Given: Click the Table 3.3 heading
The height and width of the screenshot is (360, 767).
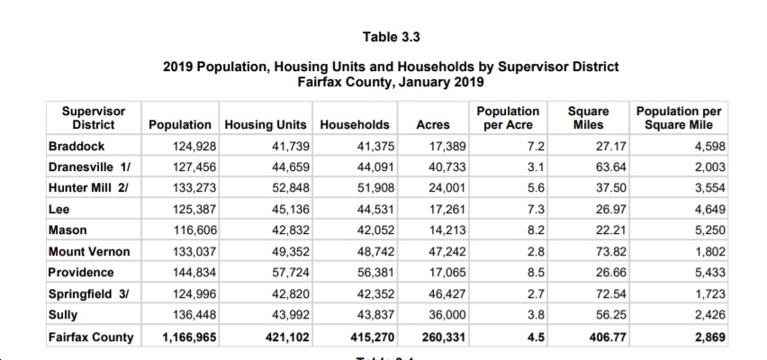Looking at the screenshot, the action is [x=391, y=37].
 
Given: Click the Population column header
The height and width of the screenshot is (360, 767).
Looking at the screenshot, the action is [x=180, y=125].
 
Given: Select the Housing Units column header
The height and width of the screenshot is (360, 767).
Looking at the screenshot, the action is [x=266, y=125].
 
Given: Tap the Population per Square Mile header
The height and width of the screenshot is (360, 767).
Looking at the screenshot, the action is [x=679, y=118].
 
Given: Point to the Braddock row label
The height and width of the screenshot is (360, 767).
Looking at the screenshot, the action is [x=77, y=146].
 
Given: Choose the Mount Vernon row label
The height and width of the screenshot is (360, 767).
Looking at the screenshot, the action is [x=89, y=252].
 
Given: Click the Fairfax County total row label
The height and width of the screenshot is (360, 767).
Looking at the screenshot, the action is [x=91, y=337].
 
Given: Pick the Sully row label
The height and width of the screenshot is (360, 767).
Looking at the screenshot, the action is [x=63, y=314].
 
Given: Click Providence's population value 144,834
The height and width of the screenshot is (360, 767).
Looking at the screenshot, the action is [x=194, y=273].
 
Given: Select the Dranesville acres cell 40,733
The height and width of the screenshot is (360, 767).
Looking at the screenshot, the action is [x=447, y=167].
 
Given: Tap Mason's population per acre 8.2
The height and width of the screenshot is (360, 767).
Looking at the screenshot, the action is [x=537, y=230].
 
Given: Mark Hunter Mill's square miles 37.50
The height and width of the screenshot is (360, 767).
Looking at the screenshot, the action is [x=611, y=188].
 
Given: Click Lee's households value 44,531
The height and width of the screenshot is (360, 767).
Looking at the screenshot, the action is [x=375, y=210].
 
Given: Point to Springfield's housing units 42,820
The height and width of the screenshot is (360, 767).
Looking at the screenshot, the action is [x=291, y=294].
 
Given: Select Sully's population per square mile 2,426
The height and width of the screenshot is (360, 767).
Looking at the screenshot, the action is [x=710, y=314].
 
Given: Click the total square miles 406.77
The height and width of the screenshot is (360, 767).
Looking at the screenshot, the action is [x=608, y=337].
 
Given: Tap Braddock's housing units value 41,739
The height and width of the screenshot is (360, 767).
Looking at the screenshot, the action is [x=291, y=146].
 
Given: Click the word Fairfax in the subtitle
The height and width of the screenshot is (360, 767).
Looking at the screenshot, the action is [x=318, y=81].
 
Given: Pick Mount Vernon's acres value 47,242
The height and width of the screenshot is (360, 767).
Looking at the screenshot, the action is [x=447, y=252].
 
